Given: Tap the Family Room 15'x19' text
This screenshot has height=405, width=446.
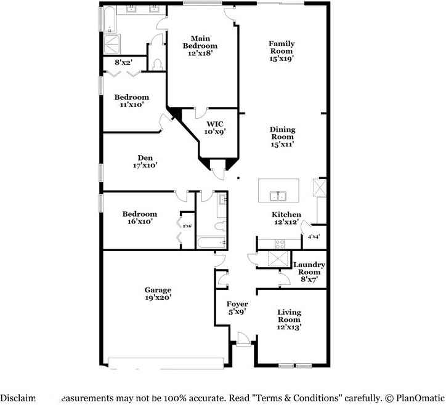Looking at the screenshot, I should (281, 51).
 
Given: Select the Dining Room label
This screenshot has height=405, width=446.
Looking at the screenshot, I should (282, 137).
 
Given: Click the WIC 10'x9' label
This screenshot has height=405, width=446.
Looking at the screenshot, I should (215, 127).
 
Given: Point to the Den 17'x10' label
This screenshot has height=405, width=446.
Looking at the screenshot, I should (145, 161).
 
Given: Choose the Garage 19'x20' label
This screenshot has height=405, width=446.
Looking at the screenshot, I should (158, 294).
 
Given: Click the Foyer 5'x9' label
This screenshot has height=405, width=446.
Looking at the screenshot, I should (237, 308).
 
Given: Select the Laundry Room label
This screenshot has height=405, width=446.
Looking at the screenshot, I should (309, 271).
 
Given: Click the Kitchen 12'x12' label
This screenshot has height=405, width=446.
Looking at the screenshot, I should (286, 218).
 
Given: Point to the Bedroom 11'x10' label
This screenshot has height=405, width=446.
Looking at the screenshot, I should (131, 101).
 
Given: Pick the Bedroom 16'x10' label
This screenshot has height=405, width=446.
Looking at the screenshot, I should (139, 217).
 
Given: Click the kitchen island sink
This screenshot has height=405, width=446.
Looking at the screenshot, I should (279, 196).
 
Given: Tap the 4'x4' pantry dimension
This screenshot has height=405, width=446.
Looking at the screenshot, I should (314, 237).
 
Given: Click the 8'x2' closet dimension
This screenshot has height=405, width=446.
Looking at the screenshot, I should (123, 62).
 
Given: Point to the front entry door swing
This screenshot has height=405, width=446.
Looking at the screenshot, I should (243, 339).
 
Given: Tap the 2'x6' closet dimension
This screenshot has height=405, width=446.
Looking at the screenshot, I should (187, 226).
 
